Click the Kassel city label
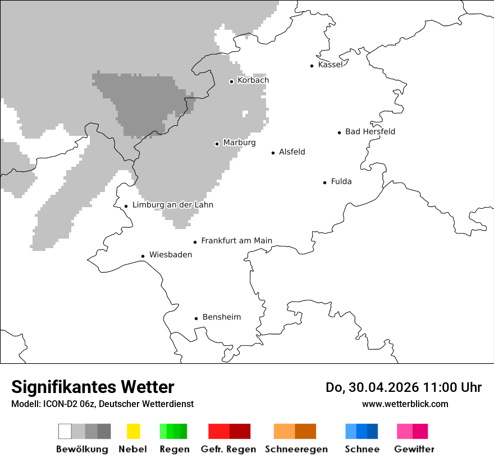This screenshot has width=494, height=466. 330,65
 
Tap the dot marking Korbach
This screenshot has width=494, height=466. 231,81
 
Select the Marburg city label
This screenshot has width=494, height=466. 239,143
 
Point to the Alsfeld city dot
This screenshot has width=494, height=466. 273,153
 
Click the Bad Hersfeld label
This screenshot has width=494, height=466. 370,131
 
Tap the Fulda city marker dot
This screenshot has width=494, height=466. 325,182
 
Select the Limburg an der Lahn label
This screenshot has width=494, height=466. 172,205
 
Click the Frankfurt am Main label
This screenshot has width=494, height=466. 236,241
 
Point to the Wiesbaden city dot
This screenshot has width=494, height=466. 143,256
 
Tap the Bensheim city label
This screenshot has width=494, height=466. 221,317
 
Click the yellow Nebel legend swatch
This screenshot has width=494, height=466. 133,431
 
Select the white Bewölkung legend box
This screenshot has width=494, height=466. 65,431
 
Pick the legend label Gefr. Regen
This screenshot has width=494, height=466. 228,449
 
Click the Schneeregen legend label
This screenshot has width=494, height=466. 296,449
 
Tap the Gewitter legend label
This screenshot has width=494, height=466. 414,449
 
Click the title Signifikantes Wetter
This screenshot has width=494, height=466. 93,387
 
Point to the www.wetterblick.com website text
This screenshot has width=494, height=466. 405,404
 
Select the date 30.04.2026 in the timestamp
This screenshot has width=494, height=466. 380,387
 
